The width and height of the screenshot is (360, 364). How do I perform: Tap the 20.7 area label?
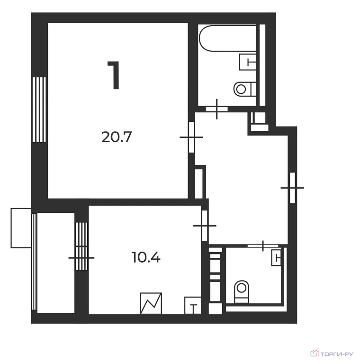pos(117,137)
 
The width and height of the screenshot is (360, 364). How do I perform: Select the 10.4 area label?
pos(146,257)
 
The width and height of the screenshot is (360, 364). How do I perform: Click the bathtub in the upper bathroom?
pos(227,38)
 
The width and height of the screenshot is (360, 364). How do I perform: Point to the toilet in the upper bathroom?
pos(244,89)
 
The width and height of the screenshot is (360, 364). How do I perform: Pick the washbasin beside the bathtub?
pos(247,62)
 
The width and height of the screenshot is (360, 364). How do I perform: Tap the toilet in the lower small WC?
pos(242,291)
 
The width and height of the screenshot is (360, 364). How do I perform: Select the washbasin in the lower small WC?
pos(276,258)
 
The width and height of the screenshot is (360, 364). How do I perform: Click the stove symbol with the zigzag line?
pos(151,303)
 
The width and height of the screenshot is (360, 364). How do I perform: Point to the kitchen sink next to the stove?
pos(193,306)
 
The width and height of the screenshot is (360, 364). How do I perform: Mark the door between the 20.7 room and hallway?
pos(191,137)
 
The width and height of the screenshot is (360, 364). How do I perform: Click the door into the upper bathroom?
pos(216,109)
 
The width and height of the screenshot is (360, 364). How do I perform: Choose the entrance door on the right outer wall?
pos(293,188)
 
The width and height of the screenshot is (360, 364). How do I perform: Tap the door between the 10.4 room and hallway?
pos(205,226)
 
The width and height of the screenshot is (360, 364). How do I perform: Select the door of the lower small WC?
pos(263,246)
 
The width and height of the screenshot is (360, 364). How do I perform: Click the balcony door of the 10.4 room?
pos(81,258)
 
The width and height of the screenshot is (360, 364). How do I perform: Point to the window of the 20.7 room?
pos(39,109)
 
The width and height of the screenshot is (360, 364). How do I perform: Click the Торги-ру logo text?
pos(336,354)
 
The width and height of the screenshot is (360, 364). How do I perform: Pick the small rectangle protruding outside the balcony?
pos(21,228)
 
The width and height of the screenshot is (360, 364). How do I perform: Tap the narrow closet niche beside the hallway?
pos(199,183)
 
